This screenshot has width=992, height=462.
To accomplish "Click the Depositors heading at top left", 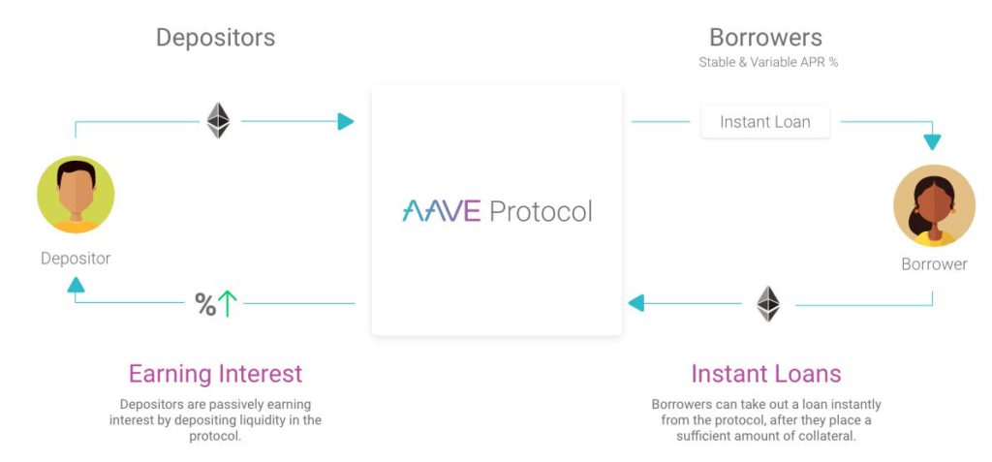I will [x=215, y=38].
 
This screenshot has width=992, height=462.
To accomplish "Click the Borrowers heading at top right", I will [x=765, y=38].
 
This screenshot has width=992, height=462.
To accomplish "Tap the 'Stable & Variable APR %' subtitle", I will [x=768, y=62].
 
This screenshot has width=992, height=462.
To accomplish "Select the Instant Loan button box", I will [x=764, y=122].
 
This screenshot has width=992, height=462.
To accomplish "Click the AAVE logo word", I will [x=441, y=210].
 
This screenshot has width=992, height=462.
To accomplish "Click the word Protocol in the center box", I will [x=541, y=210].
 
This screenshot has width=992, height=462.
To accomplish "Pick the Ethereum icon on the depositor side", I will [x=218, y=121].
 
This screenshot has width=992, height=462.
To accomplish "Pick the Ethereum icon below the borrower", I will [x=768, y=303].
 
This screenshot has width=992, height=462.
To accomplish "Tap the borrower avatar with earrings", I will [x=934, y=204].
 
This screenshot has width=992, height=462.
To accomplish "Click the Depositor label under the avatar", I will [x=76, y=259].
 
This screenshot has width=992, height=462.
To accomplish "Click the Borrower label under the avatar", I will [x=934, y=264].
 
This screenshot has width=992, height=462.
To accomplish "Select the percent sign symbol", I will [x=204, y=305].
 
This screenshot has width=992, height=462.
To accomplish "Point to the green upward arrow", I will [x=228, y=304].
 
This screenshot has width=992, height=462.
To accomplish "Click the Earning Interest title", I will [x=215, y=374].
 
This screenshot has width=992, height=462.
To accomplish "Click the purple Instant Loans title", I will [x=765, y=374].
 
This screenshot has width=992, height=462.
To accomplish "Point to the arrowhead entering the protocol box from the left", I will [x=346, y=121].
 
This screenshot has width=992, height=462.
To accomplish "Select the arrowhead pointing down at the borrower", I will [x=932, y=142].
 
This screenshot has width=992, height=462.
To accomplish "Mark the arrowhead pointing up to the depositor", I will [x=76, y=284].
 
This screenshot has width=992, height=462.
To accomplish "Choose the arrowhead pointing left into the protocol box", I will [x=635, y=303].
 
